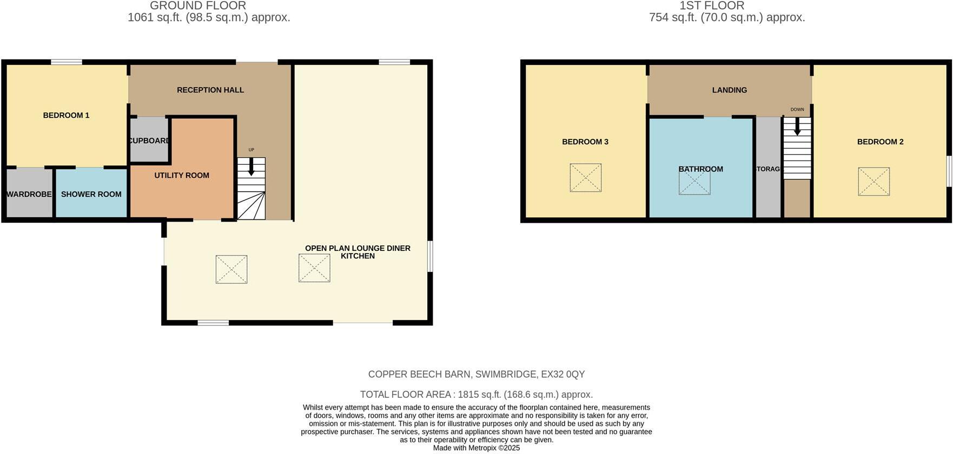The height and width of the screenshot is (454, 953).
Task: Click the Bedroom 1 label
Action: coord(66,115)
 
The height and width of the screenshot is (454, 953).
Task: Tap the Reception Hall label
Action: coord(210,90)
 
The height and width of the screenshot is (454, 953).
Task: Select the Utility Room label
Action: coord(181,175)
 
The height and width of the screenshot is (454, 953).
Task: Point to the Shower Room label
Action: coord(91,194)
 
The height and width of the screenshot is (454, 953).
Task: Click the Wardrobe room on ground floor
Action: coord(29,194)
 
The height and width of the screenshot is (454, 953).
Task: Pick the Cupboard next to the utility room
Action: coord(149,141)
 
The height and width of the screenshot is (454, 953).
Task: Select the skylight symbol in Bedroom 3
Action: coord(585,177)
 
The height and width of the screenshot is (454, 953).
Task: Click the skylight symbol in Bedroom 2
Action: coord(873,181)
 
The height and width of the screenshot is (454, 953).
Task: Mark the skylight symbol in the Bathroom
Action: coord(694,183)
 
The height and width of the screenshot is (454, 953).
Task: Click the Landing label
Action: coord(729,90)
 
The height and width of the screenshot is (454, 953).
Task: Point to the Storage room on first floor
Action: coord(768,169)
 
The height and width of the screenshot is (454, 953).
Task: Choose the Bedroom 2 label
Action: coord(880,142)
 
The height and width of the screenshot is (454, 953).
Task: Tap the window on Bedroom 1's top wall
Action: coord(67,62)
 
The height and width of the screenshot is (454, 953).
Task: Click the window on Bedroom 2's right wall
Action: coord(949,172)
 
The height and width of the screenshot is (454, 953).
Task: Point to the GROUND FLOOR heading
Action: coord(197,5)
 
